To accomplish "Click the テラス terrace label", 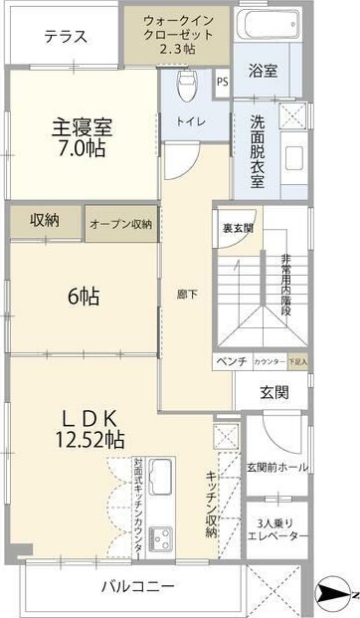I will click(67, 37).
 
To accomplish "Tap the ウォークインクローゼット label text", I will click(178, 34).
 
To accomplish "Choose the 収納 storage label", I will click(44, 220).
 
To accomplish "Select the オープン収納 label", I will click(120, 224).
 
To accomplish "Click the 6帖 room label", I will click(83, 296).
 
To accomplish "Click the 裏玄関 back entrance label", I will click(238, 227).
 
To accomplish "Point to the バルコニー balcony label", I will click(138, 586).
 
